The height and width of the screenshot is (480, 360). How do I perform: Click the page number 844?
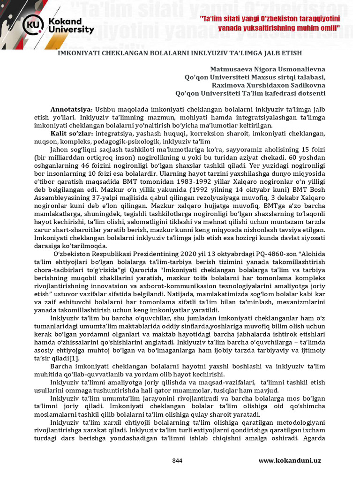(x=177, y=460)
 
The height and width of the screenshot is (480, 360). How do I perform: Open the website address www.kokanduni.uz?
(x=290, y=460)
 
